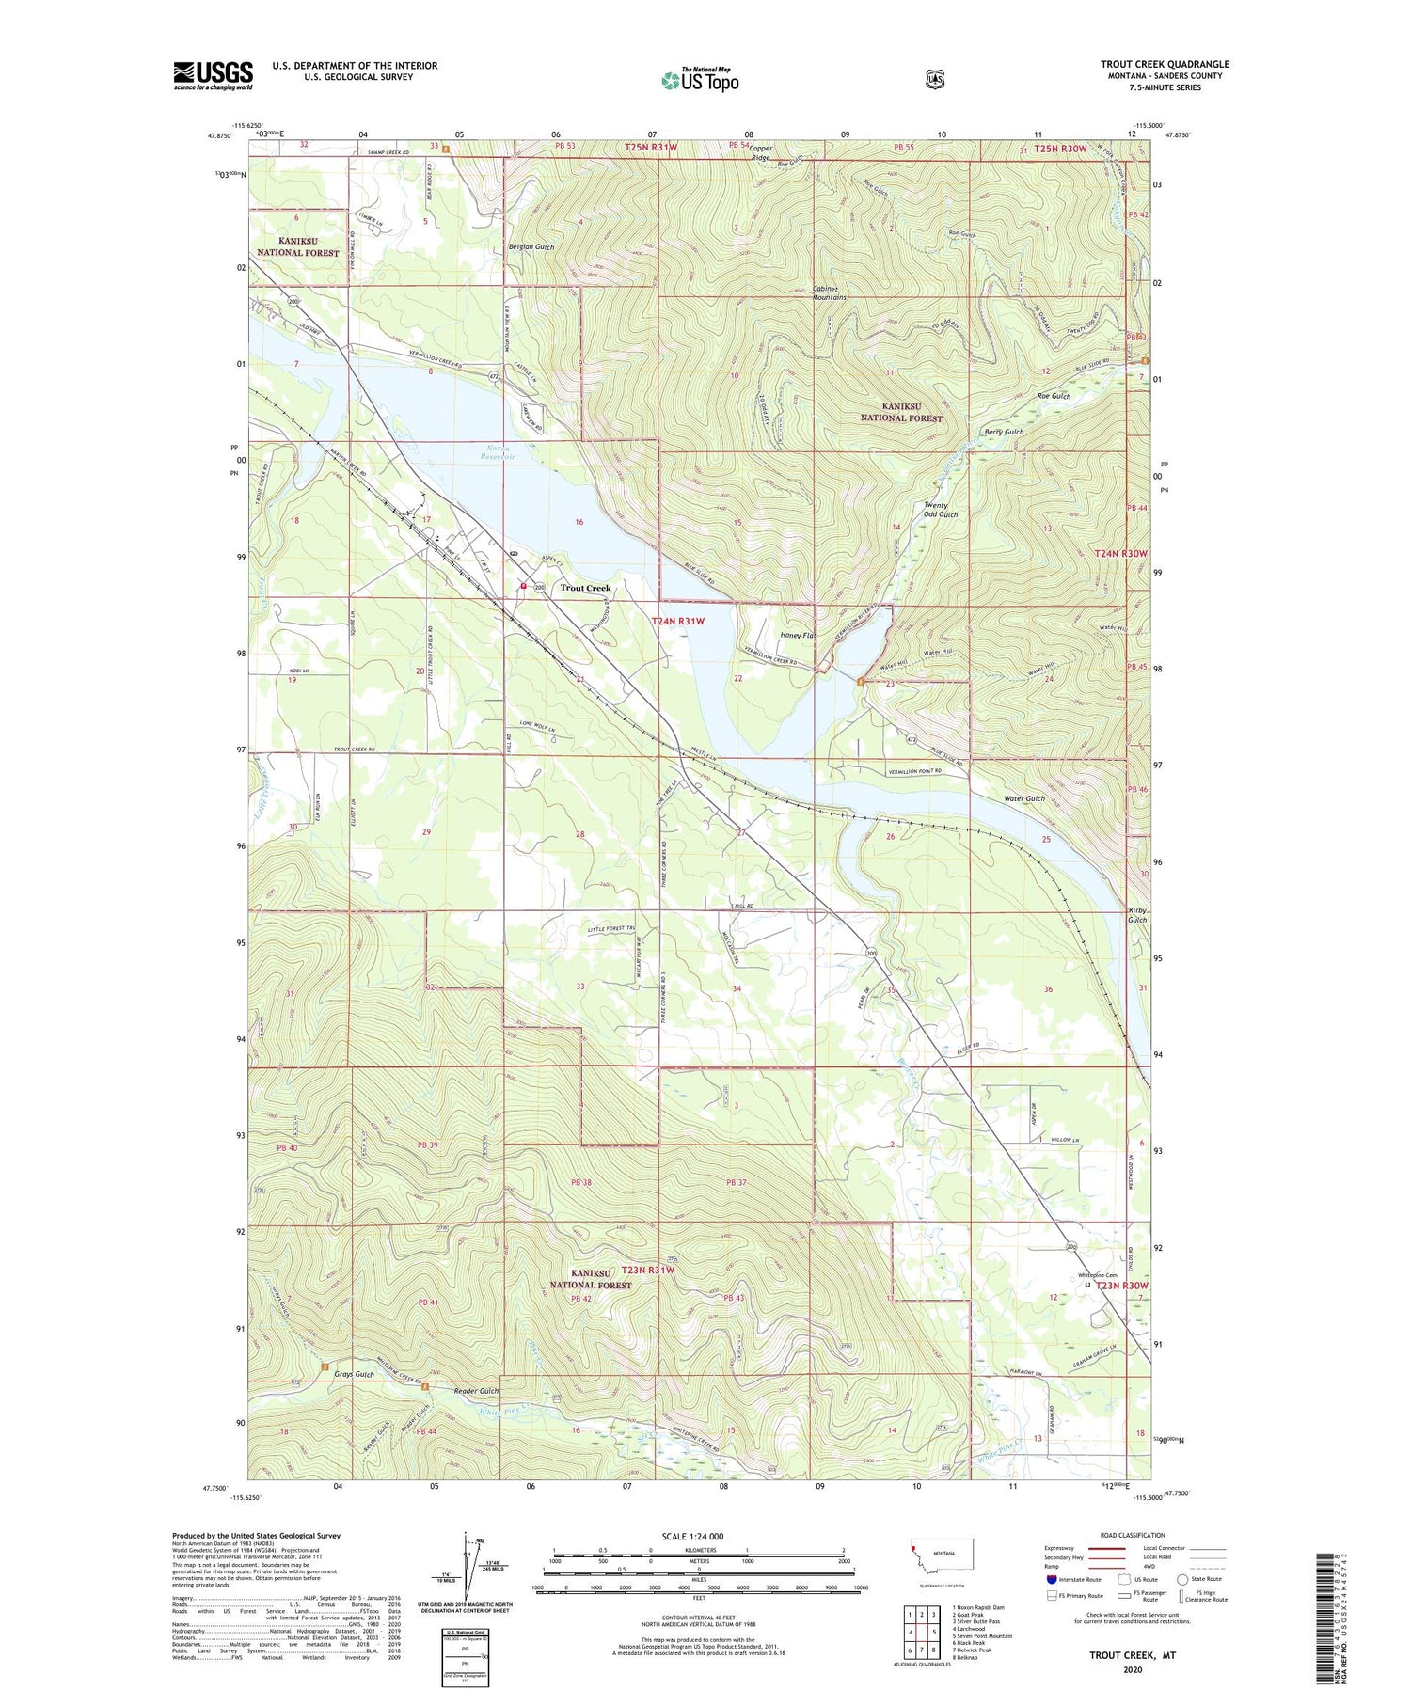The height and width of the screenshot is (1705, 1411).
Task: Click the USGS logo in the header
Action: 213,75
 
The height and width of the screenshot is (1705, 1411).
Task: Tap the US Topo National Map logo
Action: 699,79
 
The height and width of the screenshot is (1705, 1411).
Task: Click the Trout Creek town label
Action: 585,588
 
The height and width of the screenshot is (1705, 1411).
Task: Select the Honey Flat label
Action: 798,635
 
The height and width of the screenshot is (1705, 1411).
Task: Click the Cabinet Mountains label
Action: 829,292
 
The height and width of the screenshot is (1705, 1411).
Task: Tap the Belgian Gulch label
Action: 531,247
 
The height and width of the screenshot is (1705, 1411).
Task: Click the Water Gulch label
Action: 1024,798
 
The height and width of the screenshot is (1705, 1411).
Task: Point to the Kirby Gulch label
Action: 1137,914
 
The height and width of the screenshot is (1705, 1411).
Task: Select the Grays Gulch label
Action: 354,1374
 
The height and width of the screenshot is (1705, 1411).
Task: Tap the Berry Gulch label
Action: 1004,432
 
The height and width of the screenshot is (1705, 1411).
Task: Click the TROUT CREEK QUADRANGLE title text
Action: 1165,64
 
